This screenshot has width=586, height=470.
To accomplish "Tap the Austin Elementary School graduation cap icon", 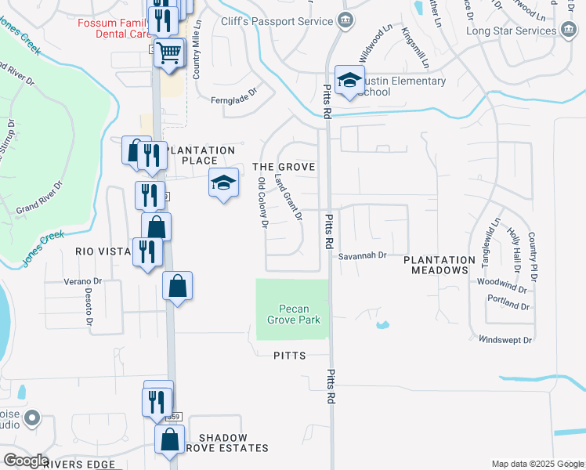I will pyautogui.click(x=349, y=79).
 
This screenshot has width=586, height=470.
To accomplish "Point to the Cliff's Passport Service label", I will pyautogui.click(x=266, y=21).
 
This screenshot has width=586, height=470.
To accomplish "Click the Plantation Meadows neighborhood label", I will pyautogui.click(x=439, y=265).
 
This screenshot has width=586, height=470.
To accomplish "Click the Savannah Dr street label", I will pyautogui.click(x=363, y=255).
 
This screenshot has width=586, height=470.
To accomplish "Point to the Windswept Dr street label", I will pyautogui.click(x=505, y=340).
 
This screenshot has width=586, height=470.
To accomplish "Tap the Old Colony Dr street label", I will pyautogui.click(x=263, y=203).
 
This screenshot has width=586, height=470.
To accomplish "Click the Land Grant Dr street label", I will pyautogui.click(x=288, y=197).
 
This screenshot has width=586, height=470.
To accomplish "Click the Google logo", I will pyautogui.click(x=25, y=461).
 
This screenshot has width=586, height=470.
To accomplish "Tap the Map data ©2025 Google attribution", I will pyautogui.click(x=537, y=464).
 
